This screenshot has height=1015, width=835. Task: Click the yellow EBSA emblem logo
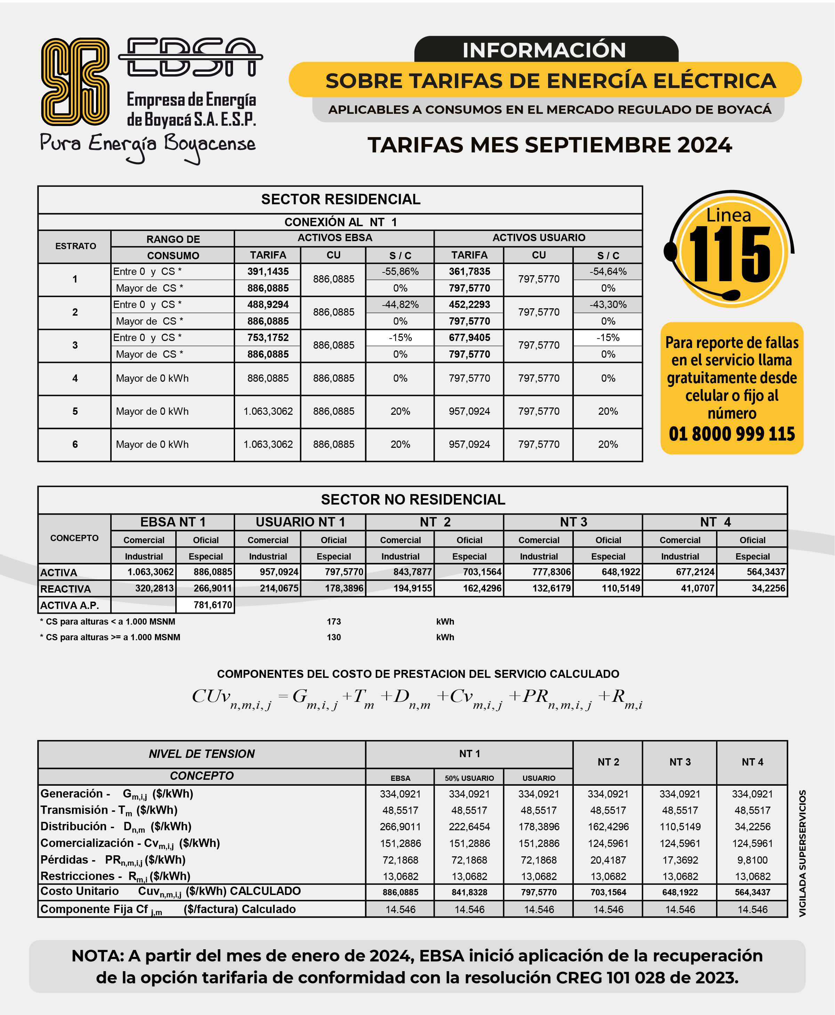[x=75, y=81]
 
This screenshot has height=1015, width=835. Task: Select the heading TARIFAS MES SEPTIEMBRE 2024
[x=549, y=145]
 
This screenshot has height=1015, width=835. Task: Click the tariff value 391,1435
[x=268, y=271]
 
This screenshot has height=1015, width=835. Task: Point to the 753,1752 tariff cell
[x=268, y=338]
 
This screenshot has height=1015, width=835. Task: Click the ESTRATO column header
[x=75, y=246]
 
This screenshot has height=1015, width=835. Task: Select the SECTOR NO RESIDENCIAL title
[x=413, y=500]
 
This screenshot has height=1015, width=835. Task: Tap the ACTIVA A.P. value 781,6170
[x=212, y=605]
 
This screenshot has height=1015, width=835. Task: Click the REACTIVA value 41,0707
[x=697, y=588]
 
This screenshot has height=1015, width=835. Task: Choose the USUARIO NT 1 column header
[x=300, y=522]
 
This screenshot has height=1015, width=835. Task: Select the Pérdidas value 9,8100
[x=752, y=859]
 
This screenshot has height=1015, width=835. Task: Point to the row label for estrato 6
[x=75, y=444]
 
